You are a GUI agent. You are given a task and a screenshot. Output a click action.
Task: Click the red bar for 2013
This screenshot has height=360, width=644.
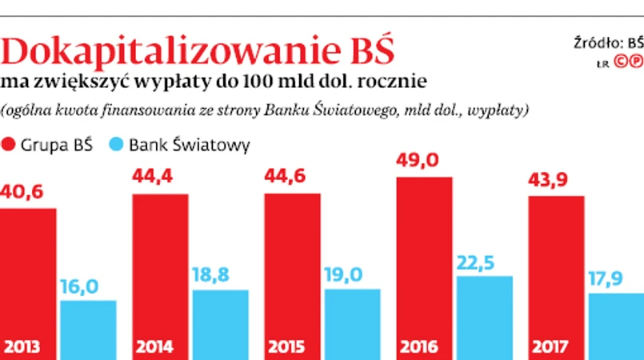click(x=28, y=272)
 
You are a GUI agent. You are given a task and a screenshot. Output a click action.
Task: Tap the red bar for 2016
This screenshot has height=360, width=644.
click(x=424, y=256)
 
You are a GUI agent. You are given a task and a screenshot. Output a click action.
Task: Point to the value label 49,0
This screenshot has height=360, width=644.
click(x=418, y=161)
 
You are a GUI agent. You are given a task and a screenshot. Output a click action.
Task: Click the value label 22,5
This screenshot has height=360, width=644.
click(x=478, y=262)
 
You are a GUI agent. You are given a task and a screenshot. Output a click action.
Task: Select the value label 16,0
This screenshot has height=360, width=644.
click(x=79, y=287)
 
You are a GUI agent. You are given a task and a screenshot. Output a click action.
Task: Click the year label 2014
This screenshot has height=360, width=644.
click(x=156, y=347)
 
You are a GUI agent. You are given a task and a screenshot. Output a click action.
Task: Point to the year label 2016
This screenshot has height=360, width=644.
click(x=419, y=347)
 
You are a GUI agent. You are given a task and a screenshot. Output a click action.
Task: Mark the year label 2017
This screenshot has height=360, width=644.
click(x=550, y=347)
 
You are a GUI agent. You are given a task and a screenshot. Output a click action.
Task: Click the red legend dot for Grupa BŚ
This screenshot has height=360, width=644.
click(x=10, y=145)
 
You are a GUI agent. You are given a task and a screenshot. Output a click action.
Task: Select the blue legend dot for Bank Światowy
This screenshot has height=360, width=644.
click(x=116, y=145)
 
